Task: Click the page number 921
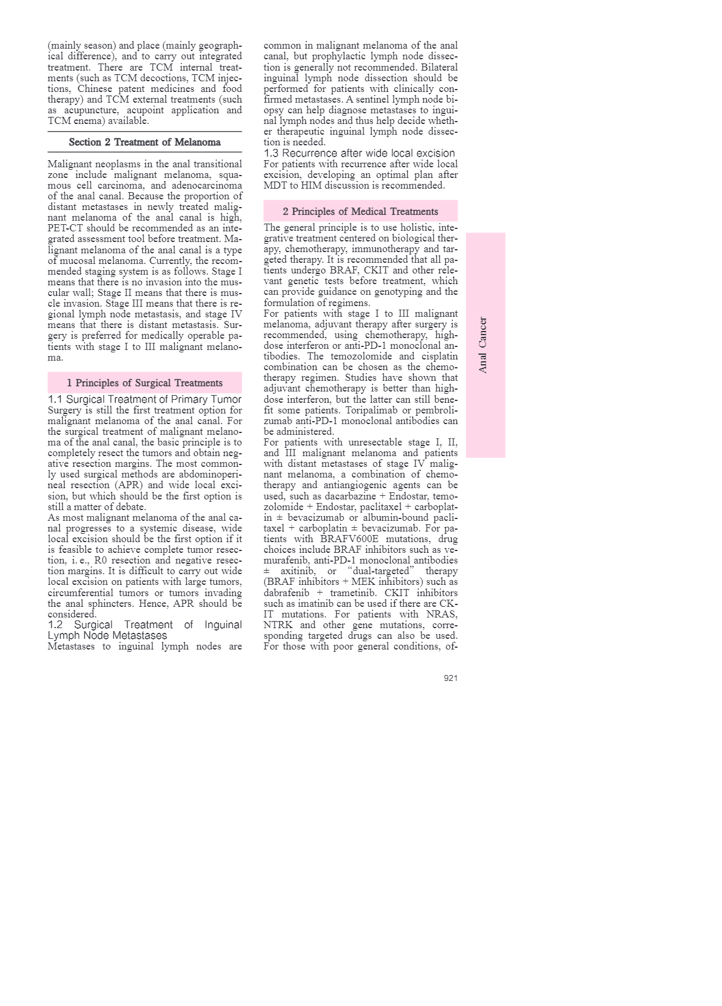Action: [x=451, y=678]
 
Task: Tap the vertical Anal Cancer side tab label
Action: [x=483, y=345]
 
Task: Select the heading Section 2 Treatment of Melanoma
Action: [x=145, y=142]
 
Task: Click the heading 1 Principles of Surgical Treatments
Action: [x=145, y=383]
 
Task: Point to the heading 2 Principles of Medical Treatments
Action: [x=360, y=212]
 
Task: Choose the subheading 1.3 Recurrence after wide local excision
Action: [x=359, y=153]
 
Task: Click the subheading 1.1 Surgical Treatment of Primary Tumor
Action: [x=145, y=399]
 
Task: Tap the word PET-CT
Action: [x=65, y=228]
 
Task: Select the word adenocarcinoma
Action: [x=207, y=186]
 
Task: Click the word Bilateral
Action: [x=439, y=67]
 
